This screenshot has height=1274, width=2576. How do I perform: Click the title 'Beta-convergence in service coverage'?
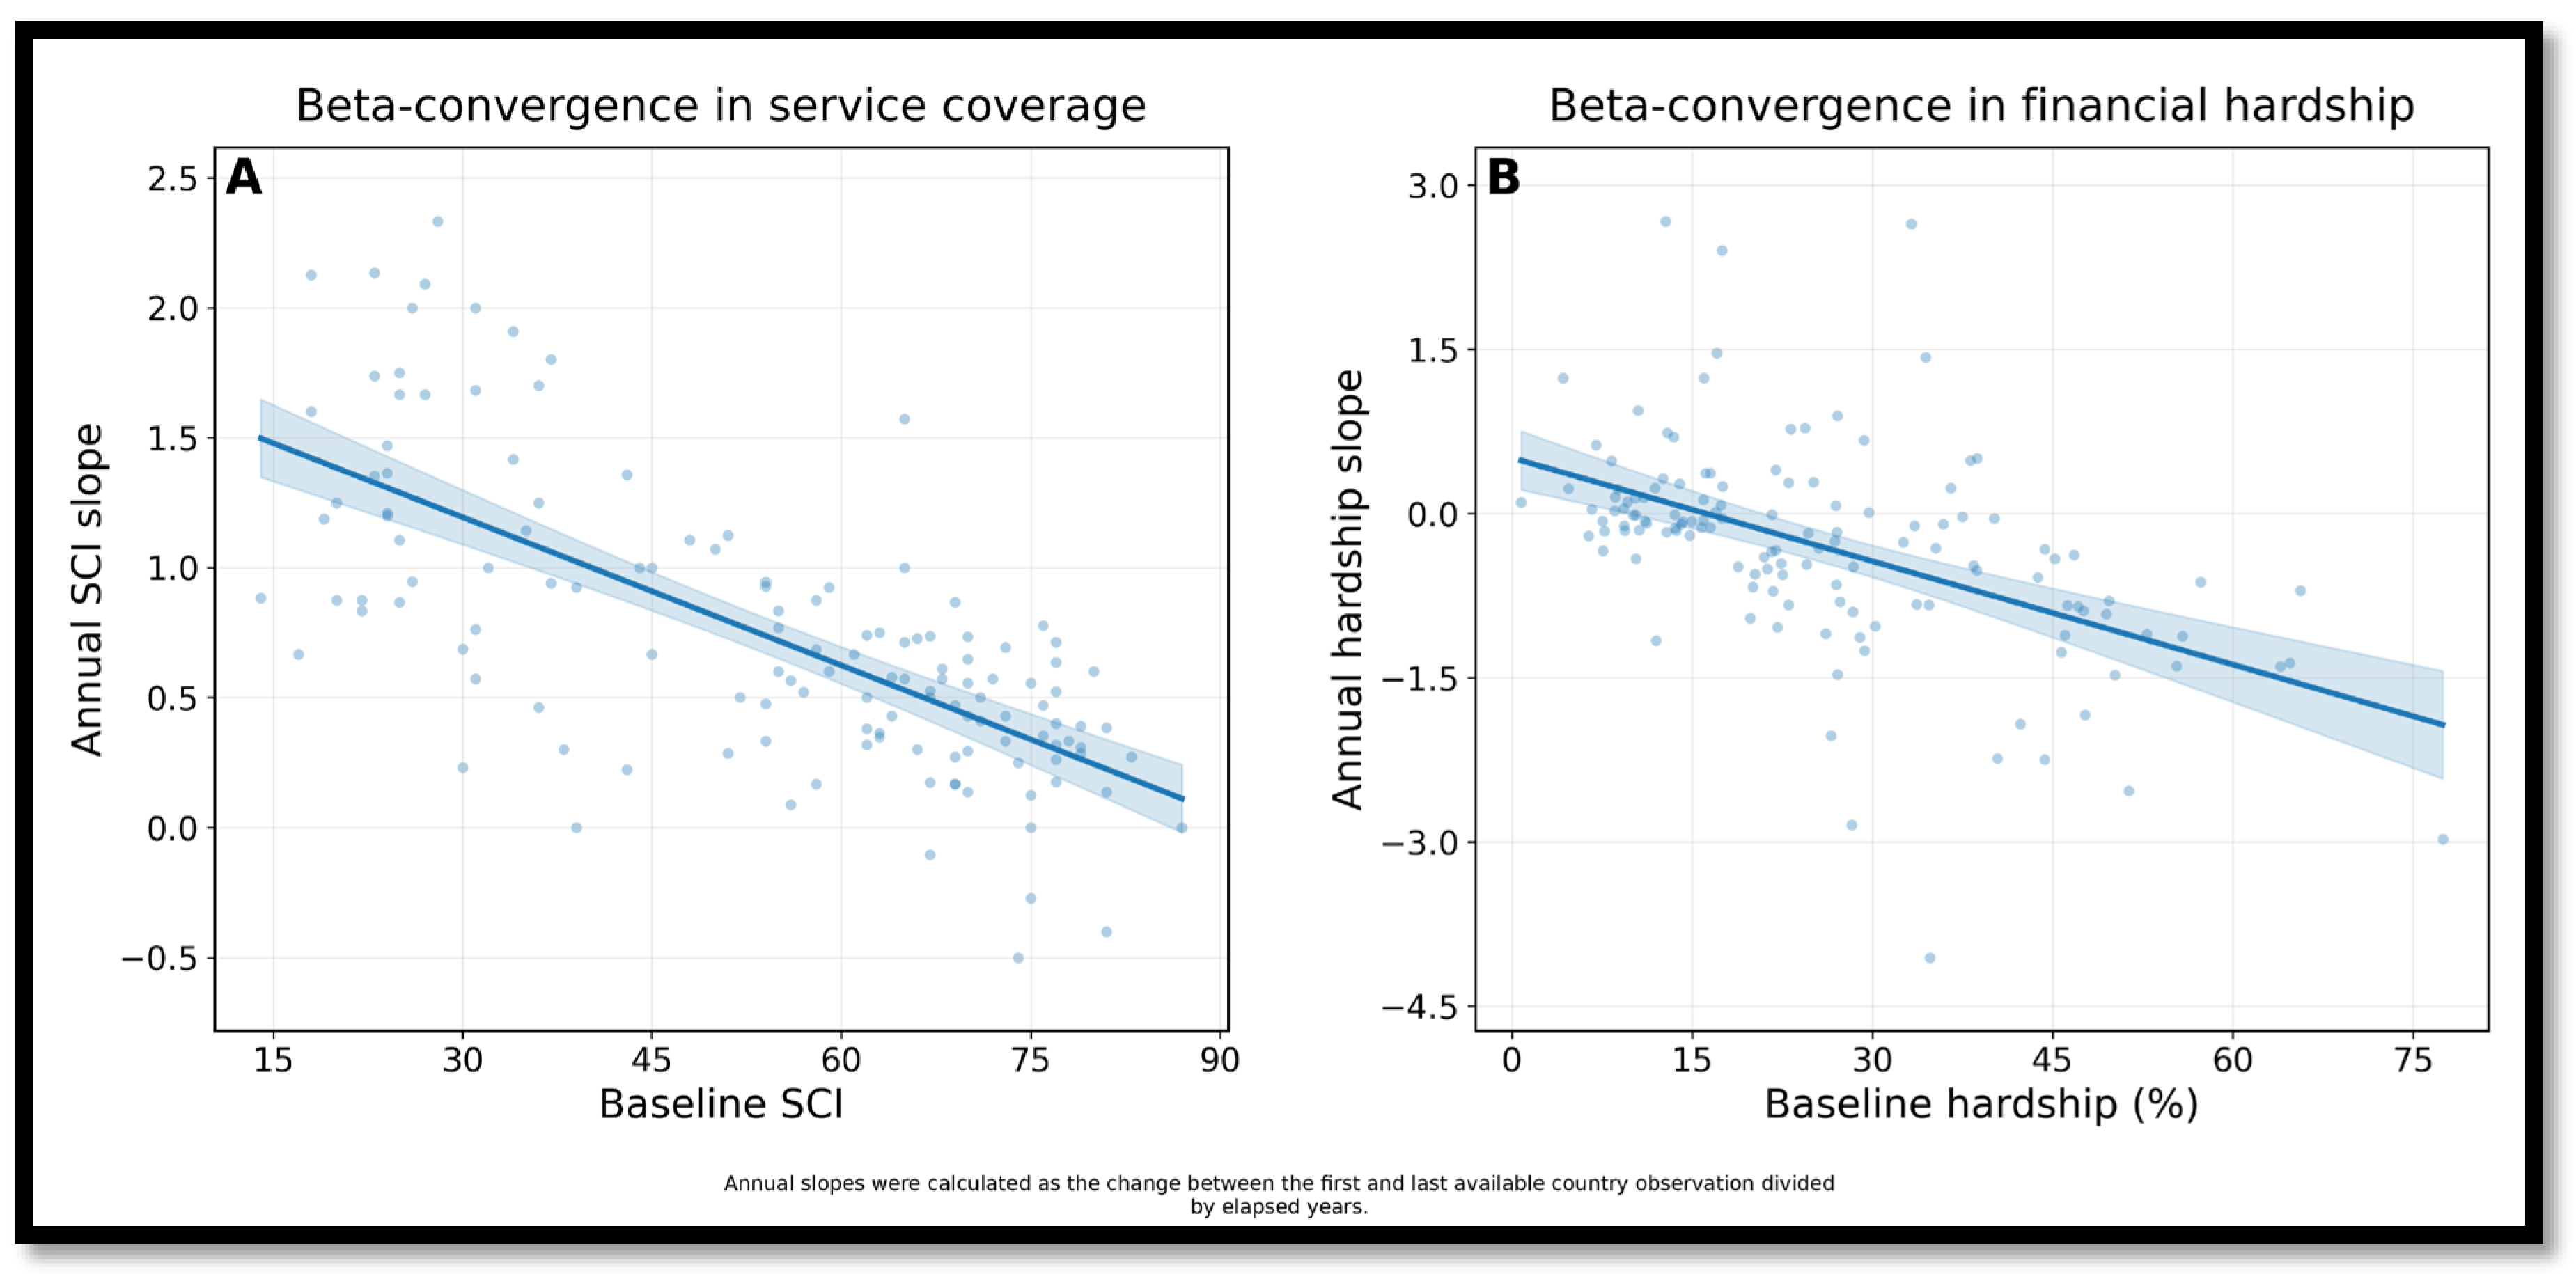(720, 106)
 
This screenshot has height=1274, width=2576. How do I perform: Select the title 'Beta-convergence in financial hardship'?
(1981, 106)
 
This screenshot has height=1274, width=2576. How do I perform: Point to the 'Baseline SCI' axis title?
(721, 1104)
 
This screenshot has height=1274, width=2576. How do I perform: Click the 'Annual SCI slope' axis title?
(88, 590)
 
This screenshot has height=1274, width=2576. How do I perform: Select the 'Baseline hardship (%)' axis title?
(1981, 1105)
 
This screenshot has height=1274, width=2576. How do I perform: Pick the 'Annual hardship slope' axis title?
(1348, 590)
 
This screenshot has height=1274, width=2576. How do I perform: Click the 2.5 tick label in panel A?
(173, 179)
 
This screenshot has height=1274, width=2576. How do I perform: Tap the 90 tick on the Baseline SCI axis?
(1220, 1060)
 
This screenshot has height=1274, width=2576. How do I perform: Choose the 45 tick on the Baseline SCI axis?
(652, 1060)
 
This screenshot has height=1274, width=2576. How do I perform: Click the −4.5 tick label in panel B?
(1420, 1007)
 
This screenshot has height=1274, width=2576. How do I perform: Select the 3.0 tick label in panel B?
(1434, 186)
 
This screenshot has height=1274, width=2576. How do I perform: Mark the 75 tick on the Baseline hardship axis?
(2413, 1060)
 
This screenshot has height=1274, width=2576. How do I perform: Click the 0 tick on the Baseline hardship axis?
(1512, 1060)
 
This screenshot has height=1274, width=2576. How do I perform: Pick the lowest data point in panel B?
(1930, 958)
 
